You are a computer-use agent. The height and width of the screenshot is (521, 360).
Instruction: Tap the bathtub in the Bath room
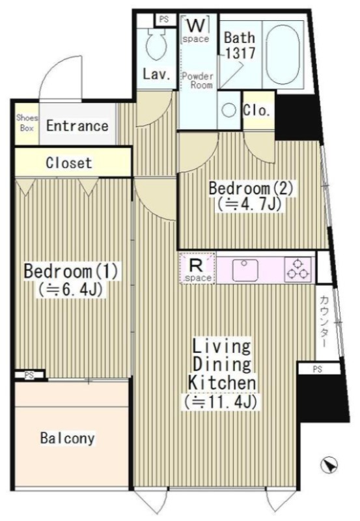[283, 53]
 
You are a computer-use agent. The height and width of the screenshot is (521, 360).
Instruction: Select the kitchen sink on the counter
[245, 270]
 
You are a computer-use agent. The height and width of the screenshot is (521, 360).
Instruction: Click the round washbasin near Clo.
[228, 110]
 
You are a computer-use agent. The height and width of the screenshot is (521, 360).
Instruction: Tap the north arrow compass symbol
[329, 464]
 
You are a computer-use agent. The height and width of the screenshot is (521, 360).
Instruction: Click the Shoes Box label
[27, 122]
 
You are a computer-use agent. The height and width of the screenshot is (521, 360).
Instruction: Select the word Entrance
[77, 126]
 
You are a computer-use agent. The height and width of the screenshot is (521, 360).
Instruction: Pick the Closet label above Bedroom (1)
[69, 163]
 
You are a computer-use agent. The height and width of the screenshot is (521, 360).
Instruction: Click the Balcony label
[68, 438]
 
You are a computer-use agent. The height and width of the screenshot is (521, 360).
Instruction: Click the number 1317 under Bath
[240, 53]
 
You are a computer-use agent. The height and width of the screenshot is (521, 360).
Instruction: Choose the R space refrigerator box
[197, 268]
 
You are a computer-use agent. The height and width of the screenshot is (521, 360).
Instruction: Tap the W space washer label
[195, 29]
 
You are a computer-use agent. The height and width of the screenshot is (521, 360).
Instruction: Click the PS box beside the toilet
[164, 20]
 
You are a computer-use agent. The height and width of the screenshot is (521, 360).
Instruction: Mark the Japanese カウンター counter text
[324, 322]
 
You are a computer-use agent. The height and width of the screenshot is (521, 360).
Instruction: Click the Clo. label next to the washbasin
[256, 110]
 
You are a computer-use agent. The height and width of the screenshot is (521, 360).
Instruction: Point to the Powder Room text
[197, 80]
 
